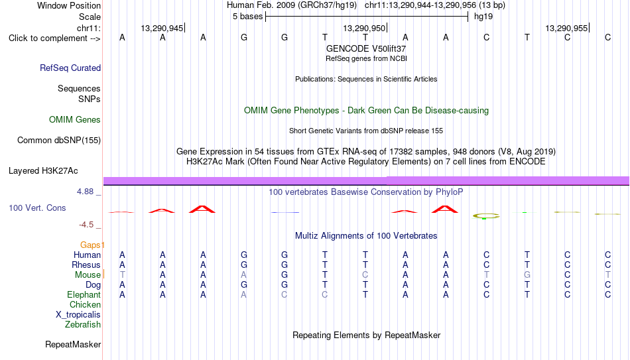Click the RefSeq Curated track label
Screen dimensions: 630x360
pyautogui.click(x=70, y=68)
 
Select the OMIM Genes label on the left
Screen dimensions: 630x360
pyautogui.click(x=75, y=120)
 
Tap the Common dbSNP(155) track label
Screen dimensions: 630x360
pyautogui.click(x=59, y=141)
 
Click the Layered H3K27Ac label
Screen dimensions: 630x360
pyautogui.click(x=43, y=171)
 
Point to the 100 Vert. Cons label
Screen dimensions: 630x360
pyautogui.click(x=37, y=208)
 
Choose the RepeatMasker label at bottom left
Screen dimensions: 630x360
pyautogui.click(x=73, y=344)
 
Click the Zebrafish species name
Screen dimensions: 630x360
pyautogui.click(x=83, y=324)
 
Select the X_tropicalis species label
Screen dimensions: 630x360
pyautogui.click(x=78, y=315)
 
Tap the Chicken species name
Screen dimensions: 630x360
pyautogui.click(x=85, y=304)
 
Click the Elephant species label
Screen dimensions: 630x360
pyautogui.click(x=84, y=295)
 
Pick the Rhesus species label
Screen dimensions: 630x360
pyautogui.click(x=86, y=265)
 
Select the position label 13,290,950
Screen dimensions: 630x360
pyautogui.click(x=364, y=28)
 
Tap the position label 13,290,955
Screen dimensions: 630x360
pyautogui.click(x=566, y=28)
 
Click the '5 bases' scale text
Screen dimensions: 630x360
pyautogui.click(x=247, y=17)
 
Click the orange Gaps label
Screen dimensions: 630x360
pyautogui.click(x=90, y=245)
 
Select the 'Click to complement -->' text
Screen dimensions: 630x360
pyautogui.click(x=54, y=38)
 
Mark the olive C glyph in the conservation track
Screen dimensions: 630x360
pyautogui.click(x=486, y=216)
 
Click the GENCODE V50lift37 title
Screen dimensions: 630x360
pyautogui.click(x=366, y=48)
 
